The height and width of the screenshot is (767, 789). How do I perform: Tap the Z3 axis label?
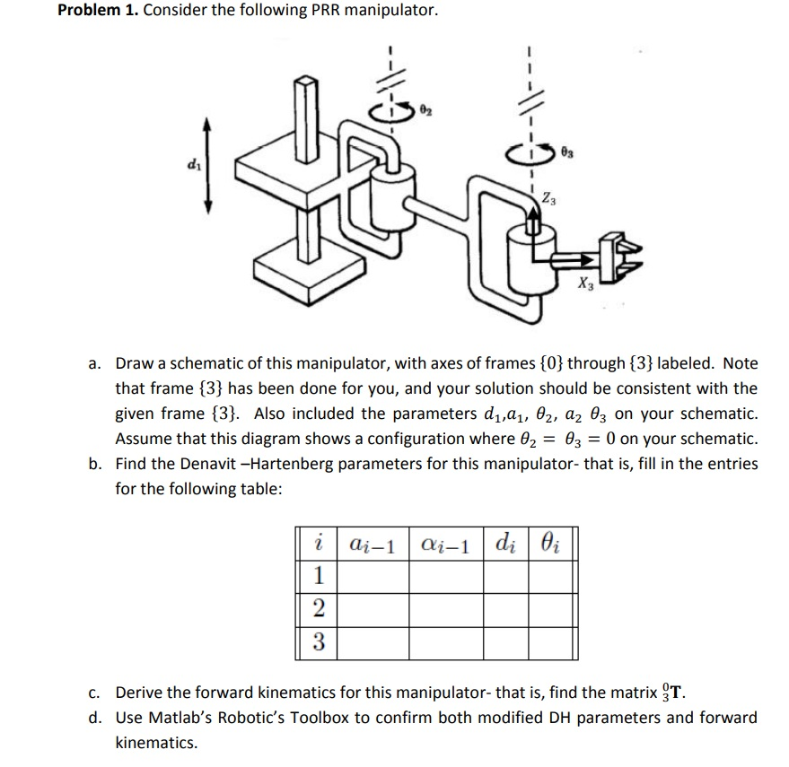[x=548, y=198]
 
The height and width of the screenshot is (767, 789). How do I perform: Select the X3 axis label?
[x=584, y=285]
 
